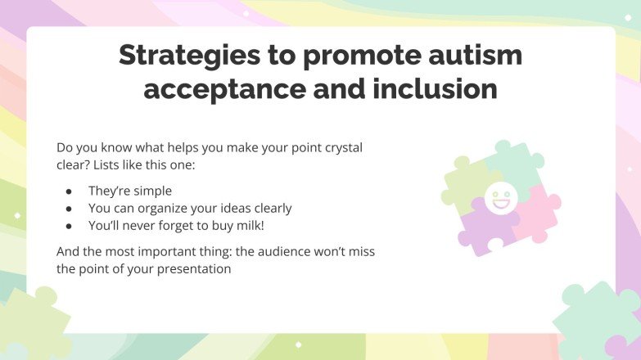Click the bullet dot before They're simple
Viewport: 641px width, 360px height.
70,191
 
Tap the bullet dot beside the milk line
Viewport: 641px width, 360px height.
70,225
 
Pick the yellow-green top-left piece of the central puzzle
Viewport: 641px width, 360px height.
465,182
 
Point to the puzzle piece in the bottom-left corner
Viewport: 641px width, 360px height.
33,323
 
